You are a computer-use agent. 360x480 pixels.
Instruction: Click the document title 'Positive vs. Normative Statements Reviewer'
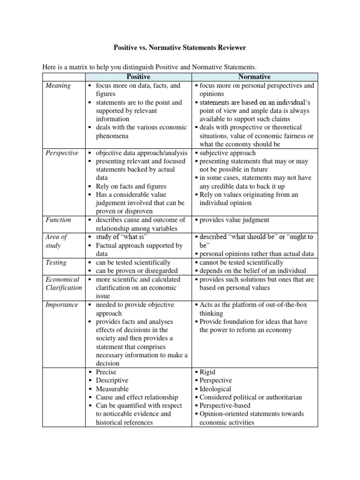point(180,48)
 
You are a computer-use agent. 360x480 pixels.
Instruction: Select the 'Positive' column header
point(138,77)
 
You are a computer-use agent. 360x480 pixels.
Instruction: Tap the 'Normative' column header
point(255,77)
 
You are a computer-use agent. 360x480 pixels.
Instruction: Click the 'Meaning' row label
point(58,86)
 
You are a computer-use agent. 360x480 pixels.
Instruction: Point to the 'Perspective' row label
point(62,153)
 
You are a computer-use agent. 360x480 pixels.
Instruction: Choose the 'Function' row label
point(59,220)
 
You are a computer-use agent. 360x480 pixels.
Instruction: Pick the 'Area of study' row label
point(56,241)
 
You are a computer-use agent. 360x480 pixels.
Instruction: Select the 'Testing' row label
point(56,262)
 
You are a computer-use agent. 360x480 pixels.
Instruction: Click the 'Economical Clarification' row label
point(63,284)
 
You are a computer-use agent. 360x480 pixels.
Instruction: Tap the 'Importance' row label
point(62,305)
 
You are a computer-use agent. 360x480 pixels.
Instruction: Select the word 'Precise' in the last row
point(106,372)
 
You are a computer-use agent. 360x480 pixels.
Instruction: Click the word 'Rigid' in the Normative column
point(208,372)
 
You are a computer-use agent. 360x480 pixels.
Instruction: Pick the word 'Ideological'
point(215,389)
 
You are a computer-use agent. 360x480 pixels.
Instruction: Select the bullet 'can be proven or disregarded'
point(136,271)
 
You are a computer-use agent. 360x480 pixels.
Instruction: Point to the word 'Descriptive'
point(112,380)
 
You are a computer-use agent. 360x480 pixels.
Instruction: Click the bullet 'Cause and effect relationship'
point(137,397)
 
